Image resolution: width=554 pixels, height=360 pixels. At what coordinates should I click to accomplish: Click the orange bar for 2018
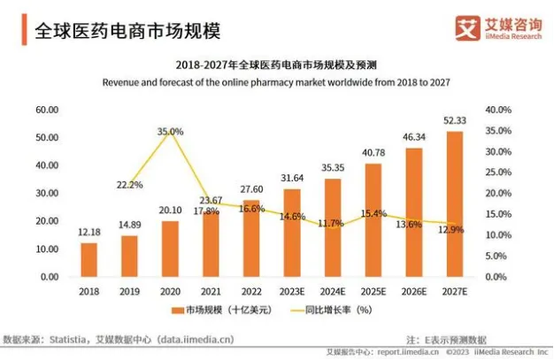88,259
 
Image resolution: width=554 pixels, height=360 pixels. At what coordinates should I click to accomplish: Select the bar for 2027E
454,203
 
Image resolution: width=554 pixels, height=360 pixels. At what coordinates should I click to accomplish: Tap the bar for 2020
170,249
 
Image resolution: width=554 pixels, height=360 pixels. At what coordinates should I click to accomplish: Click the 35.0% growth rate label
170,132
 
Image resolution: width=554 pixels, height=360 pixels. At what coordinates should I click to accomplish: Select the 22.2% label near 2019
129,185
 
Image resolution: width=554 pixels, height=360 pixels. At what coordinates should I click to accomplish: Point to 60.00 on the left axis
47,110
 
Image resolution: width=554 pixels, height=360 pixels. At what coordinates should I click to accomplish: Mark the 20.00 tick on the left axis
47,221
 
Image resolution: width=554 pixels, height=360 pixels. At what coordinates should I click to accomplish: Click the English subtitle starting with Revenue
277,82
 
